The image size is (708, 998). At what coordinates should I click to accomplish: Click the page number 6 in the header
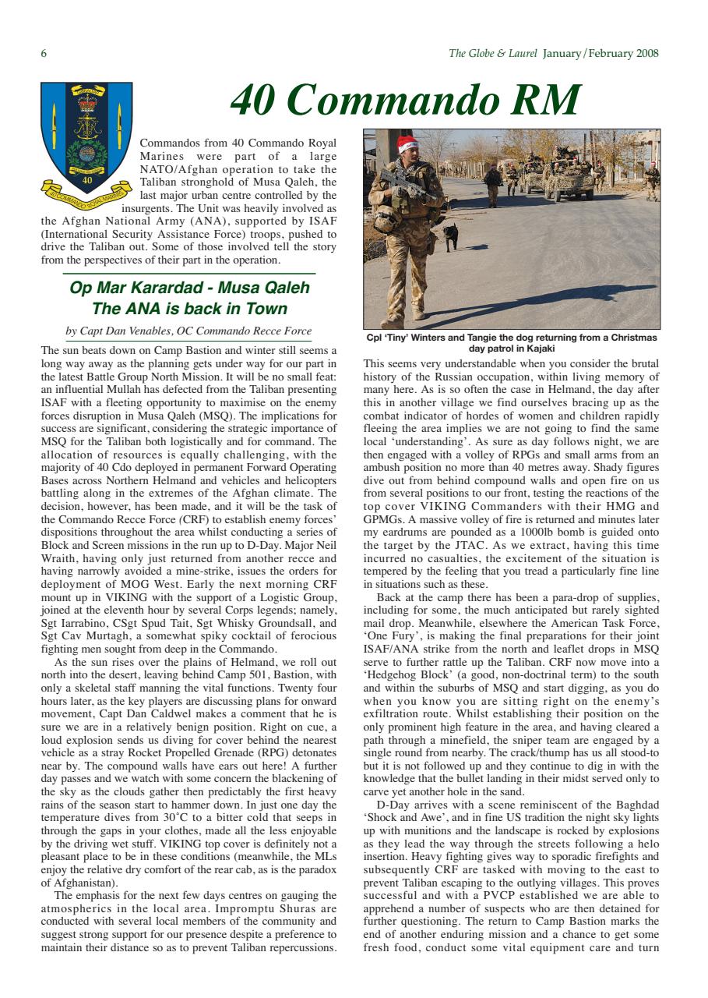pos(44,54)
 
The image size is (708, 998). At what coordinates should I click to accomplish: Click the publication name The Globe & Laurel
pos(492,54)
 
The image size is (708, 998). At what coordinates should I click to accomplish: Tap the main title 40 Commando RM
pos(405,101)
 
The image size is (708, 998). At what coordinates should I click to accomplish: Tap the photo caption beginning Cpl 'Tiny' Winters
pos(512,343)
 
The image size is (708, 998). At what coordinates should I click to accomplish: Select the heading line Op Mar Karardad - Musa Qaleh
pos(189,288)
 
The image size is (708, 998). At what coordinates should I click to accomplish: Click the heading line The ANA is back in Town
pos(189,309)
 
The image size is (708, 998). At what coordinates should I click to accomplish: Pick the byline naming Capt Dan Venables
pos(189,331)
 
